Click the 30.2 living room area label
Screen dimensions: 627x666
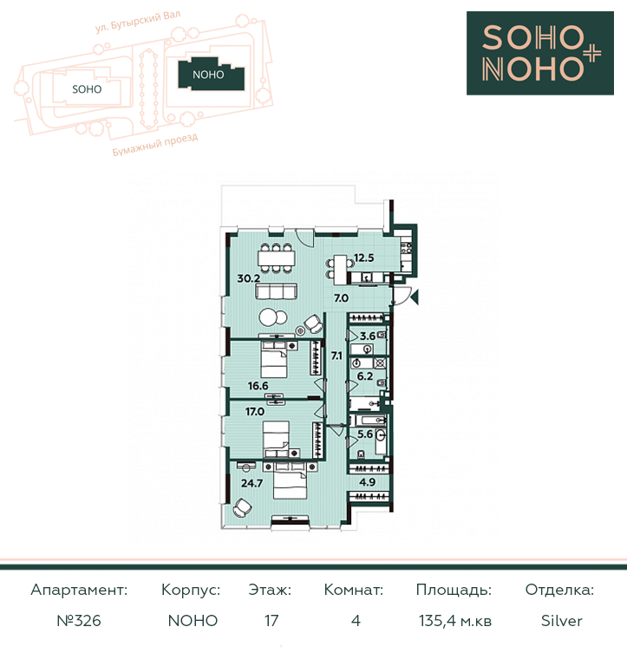249,278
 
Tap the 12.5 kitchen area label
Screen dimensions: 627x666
363,258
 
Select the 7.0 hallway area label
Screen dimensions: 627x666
341,298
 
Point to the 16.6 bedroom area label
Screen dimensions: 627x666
258,386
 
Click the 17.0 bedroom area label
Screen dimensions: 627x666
255,411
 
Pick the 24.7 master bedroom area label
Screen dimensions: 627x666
251,483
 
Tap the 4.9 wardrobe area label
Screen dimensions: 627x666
367,482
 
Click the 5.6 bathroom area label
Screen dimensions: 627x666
365,434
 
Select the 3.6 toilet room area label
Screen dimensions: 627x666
368,336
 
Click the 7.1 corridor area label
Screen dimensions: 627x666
336,356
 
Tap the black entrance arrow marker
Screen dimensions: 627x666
415,297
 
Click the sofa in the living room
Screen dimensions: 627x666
276,291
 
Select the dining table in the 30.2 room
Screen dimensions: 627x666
276,258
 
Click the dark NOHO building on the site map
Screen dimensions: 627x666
211,75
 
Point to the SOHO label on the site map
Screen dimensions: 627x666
87,89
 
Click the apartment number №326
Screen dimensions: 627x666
79,621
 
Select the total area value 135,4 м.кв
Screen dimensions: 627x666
455,621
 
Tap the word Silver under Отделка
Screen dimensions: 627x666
562,621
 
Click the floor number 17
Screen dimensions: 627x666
271,621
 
